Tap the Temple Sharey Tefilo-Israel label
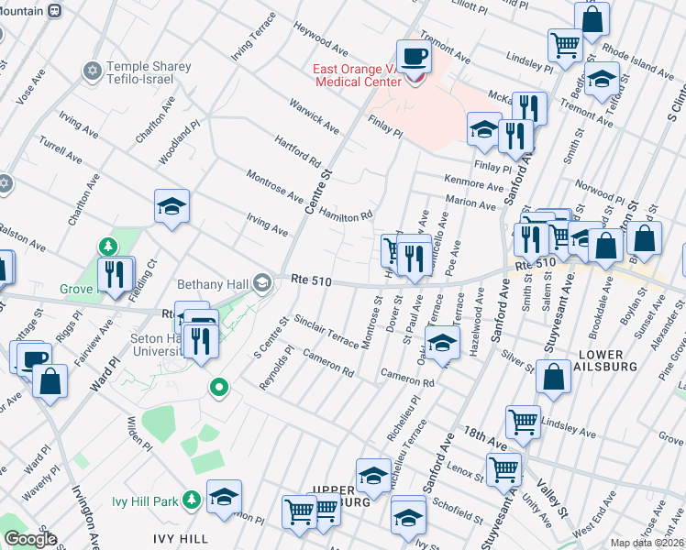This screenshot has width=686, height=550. click(x=149, y=72)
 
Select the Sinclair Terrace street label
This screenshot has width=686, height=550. click(x=327, y=332)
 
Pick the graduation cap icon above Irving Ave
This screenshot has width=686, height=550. click(x=171, y=207)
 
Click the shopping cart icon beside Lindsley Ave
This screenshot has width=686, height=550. click(x=523, y=422)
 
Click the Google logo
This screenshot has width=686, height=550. click(x=30, y=539)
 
